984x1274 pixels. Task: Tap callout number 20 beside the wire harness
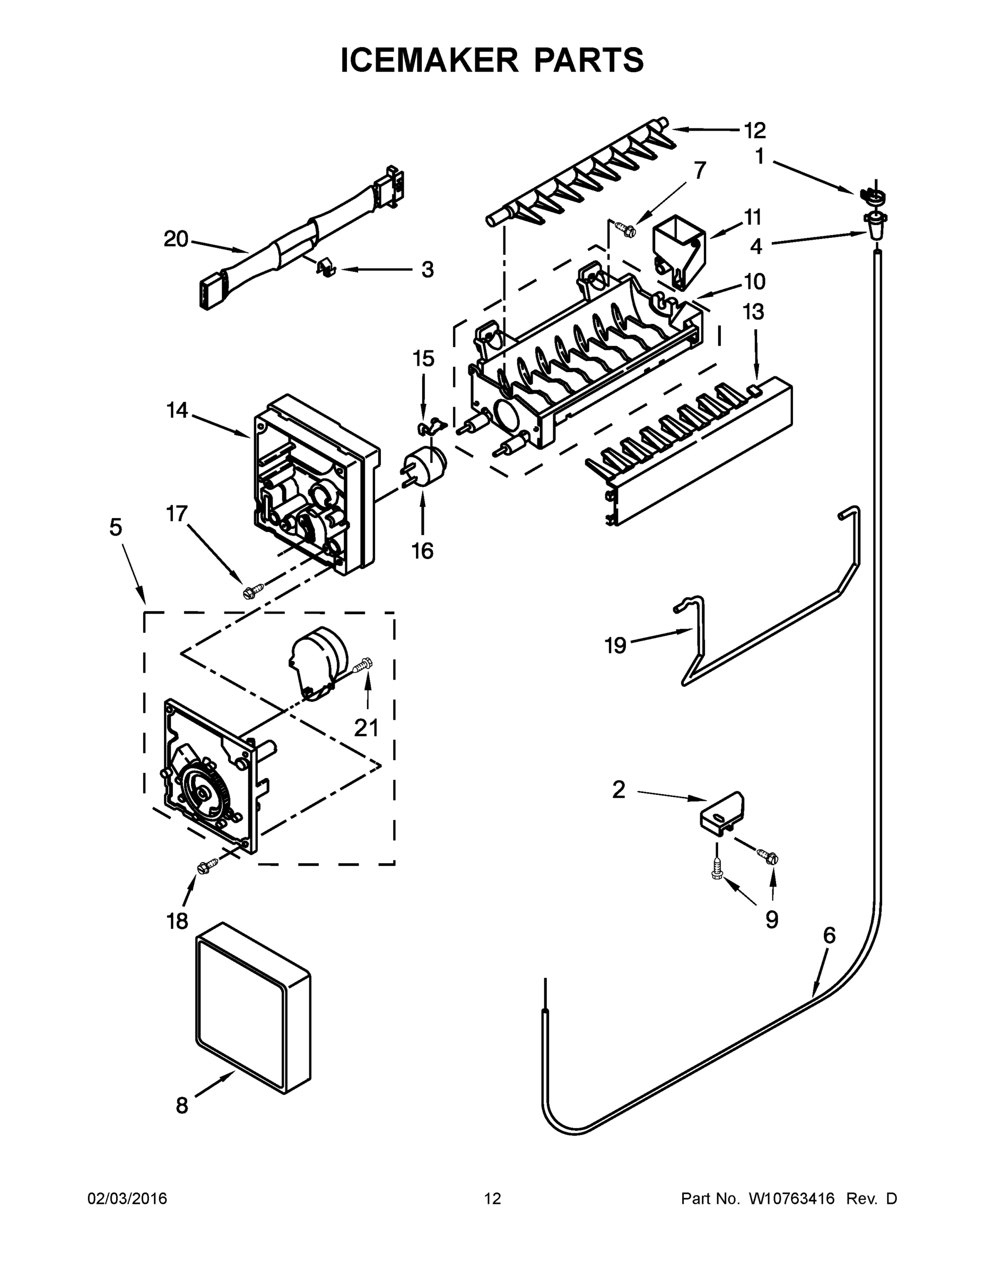pos(176,239)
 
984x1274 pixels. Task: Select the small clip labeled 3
pos(327,268)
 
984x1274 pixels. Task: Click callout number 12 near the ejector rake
pos(754,131)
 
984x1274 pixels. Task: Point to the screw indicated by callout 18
pos(207,867)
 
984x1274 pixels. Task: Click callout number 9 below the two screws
pos(771,920)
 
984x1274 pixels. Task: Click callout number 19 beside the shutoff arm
pos(615,645)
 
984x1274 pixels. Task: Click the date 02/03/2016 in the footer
pos(127,1199)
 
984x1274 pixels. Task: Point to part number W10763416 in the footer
pos(791,1199)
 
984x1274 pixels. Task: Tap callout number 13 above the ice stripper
pos(754,312)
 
